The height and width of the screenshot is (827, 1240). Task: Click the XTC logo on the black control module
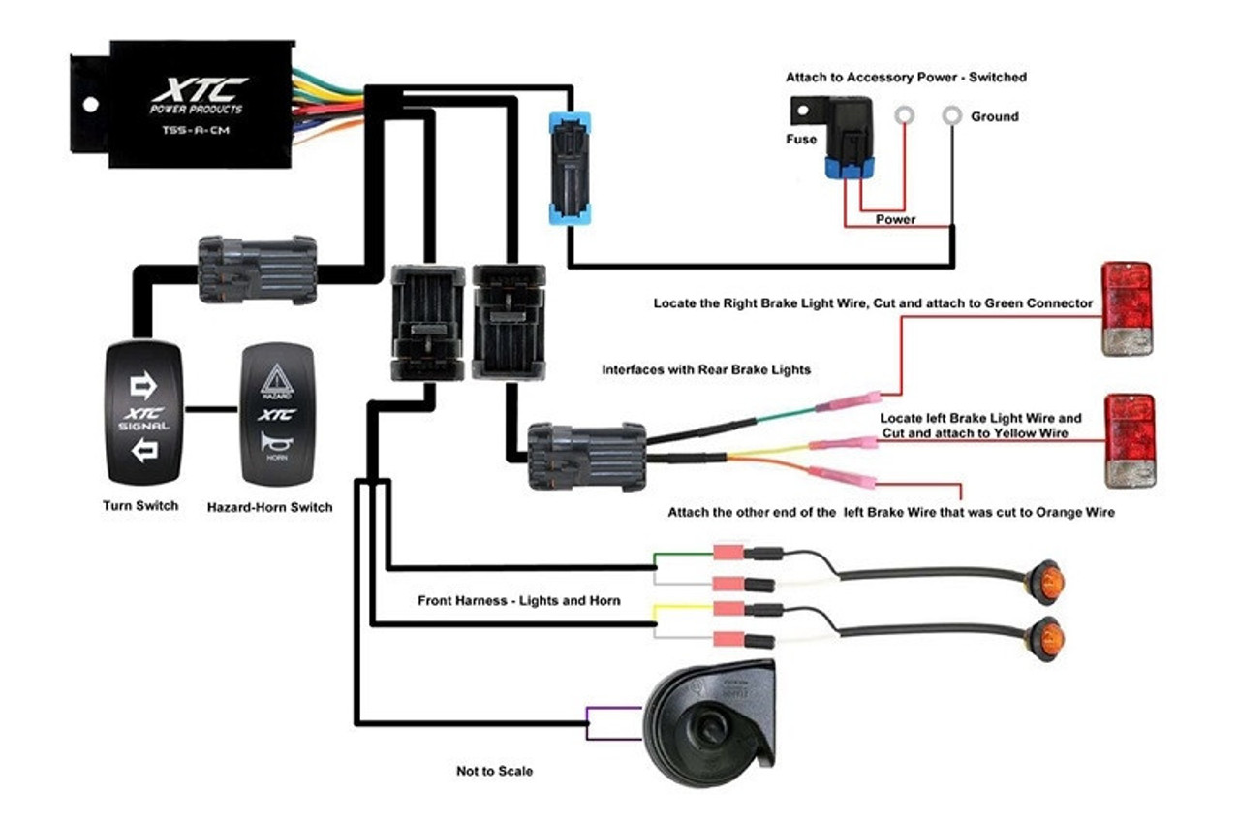[x=199, y=91]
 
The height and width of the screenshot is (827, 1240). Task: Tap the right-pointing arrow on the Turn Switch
[x=143, y=387]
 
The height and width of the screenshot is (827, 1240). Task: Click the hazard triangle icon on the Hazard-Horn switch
[x=277, y=378]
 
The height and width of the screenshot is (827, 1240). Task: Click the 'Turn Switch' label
[x=140, y=505]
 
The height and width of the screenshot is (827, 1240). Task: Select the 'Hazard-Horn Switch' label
[x=270, y=506]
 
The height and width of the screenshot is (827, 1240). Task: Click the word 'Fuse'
[x=801, y=139]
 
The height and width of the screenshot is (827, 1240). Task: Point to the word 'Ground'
[x=995, y=116]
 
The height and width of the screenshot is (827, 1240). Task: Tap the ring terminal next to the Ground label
[x=952, y=116]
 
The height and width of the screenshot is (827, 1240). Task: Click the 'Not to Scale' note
[x=494, y=771]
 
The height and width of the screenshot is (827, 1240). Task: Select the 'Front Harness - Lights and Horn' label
[x=518, y=601]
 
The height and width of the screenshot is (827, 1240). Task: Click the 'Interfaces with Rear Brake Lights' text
[x=706, y=369]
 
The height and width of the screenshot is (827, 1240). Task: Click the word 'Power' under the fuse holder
[x=895, y=219]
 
